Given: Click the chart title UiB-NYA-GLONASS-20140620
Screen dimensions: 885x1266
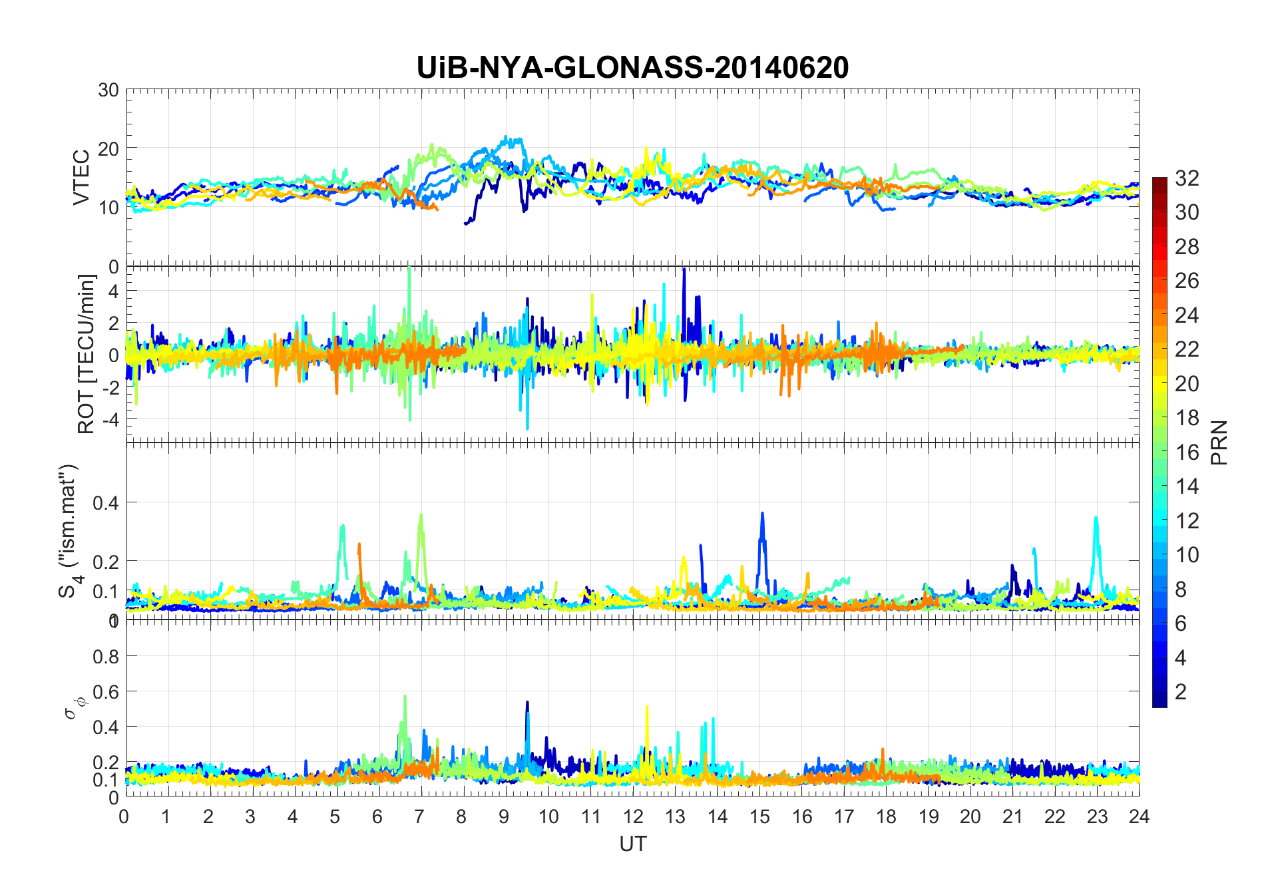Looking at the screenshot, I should (x=632, y=68).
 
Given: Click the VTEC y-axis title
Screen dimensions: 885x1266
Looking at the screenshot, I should (x=81, y=178).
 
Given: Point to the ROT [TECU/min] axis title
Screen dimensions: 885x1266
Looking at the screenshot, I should (x=87, y=354).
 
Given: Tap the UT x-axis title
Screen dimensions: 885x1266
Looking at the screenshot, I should (x=632, y=844).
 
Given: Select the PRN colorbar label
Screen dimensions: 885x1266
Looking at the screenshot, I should (x=1219, y=442).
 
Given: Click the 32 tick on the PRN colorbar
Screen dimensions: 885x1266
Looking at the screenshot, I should (x=1187, y=178).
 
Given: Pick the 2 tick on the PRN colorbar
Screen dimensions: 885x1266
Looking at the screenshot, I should (x=1181, y=692).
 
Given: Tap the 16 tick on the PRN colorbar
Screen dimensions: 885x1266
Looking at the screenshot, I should (x=1187, y=452).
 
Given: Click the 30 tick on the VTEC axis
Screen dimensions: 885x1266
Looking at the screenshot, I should (x=108, y=90).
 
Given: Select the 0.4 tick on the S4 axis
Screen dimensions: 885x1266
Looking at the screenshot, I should (x=106, y=502).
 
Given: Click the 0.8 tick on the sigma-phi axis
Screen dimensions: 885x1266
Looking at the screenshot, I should (x=106, y=657).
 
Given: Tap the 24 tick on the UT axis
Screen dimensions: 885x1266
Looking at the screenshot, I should (x=1139, y=816).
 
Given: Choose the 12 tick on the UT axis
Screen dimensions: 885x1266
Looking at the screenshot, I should (x=633, y=816).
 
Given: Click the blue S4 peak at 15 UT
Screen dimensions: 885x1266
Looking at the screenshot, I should (x=762, y=514).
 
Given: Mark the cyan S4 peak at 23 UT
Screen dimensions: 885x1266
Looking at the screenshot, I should (x=1096, y=518).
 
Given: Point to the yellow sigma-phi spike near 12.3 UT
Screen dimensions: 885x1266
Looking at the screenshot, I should (x=647, y=707).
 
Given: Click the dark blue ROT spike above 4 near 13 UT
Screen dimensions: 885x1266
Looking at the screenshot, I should (x=684, y=270).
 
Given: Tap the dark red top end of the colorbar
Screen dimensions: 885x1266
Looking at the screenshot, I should (x=1160, y=181).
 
